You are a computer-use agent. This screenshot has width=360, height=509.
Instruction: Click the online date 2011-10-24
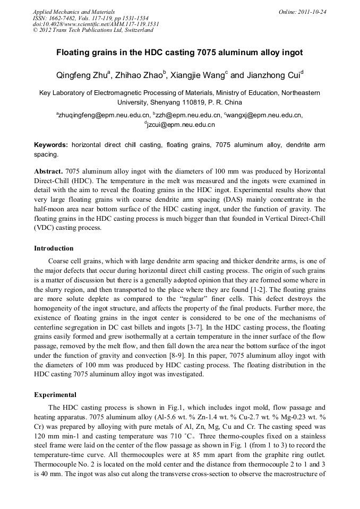click(313, 12)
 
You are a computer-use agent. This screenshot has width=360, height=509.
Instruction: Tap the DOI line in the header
click(96, 24)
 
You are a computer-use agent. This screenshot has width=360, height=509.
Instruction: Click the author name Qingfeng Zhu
click(82, 75)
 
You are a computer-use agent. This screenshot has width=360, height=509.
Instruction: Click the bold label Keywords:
click(51, 145)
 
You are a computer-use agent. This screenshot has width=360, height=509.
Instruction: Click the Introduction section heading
click(54, 248)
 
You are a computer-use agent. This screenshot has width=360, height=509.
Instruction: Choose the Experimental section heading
click(55, 395)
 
